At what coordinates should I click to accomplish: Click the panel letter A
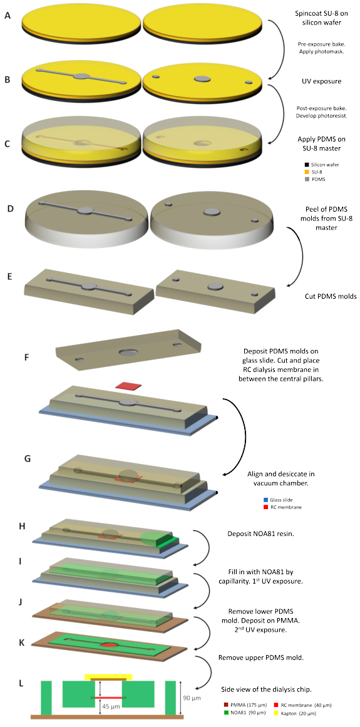click(x=7, y=15)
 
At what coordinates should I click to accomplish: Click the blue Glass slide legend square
click(x=265, y=500)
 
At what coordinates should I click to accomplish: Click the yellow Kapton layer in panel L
click(x=108, y=677)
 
